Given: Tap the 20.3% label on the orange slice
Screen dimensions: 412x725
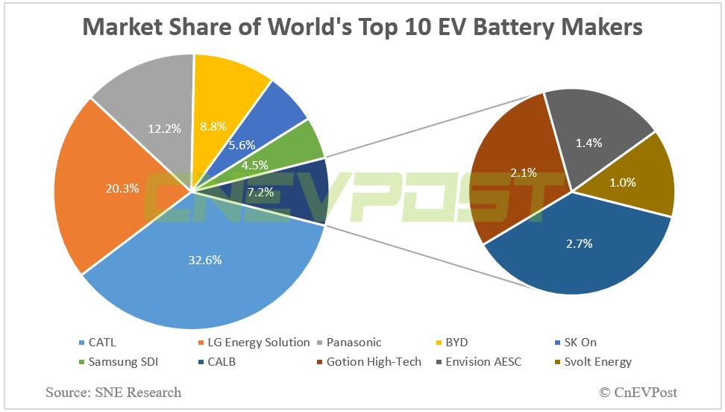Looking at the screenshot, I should [x=122, y=188].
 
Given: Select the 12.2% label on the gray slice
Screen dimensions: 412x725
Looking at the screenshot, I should [x=163, y=128].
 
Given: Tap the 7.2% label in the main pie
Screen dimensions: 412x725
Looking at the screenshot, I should [x=260, y=192].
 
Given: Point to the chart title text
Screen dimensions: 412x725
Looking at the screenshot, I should [x=362, y=27].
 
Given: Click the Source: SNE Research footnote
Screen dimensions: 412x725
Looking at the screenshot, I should [x=113, y=392].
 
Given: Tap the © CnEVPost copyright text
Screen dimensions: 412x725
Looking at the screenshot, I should [x=638, y=392].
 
